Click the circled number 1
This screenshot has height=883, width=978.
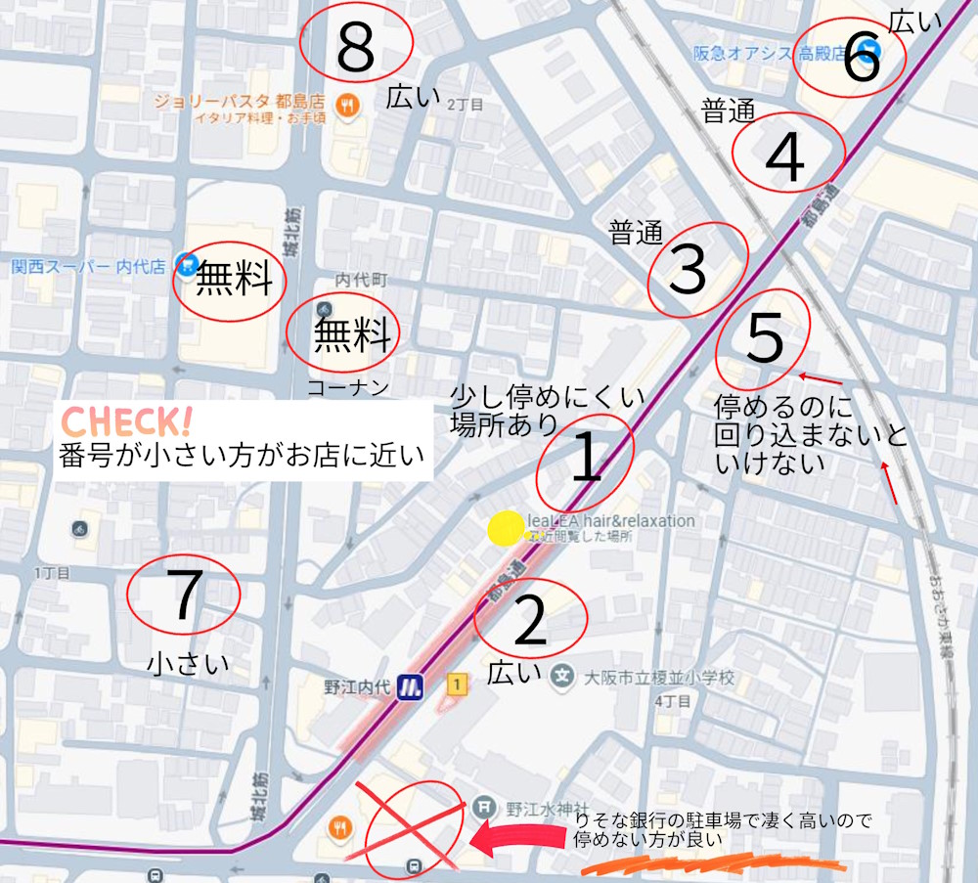[585, 460]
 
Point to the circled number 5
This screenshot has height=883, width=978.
[765, 338]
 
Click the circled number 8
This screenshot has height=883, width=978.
[355, 47]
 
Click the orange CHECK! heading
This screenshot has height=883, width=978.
[126, 422]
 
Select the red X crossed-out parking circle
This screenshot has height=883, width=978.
[413, 826]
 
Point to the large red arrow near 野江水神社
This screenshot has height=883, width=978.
[518, 837]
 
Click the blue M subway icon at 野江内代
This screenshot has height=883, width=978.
[411, 686]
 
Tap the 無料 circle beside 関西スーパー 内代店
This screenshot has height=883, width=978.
[230, 281]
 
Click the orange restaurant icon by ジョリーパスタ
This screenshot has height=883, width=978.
[345, 106]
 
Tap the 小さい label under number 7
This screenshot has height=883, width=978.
[188, 664]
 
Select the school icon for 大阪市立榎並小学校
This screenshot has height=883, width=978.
[561, 676]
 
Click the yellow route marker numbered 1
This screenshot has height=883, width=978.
[455, 685]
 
